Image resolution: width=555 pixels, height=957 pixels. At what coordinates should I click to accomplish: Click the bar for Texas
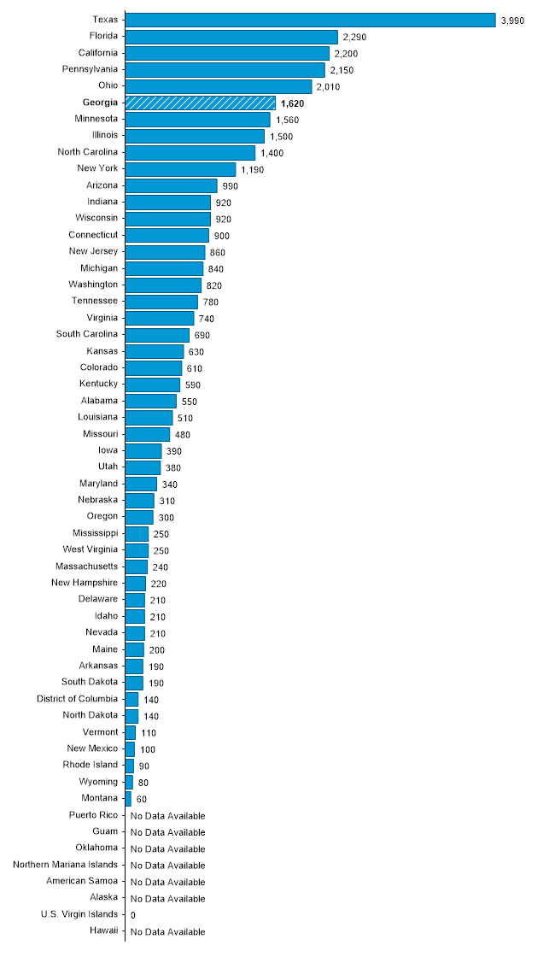click(x=310, y=20)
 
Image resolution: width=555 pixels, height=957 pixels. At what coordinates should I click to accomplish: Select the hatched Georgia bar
click(x=200, y=103)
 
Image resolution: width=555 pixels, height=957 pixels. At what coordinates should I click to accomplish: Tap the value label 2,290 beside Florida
click(x=355, y=38)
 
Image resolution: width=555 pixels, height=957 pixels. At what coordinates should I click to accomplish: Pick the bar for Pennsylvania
click(x=225, y=69)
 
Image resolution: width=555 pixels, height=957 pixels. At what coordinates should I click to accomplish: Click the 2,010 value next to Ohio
click(x=329, y=87)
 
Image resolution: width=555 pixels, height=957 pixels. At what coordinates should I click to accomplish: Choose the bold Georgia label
click(x=100, y=102)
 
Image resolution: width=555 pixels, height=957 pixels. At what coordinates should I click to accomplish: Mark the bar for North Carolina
click(x=190, y=152)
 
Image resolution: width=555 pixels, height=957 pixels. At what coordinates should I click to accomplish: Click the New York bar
click(x=180, y=169)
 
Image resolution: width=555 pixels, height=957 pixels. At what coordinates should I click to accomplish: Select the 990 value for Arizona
click(x=230, y=186)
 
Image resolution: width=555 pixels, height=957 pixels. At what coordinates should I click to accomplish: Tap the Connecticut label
click(x=93, y=234)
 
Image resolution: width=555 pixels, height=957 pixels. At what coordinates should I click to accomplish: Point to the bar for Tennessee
click(x=161, y=302)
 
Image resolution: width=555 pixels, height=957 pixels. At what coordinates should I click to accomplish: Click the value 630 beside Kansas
click(x=196, y=352)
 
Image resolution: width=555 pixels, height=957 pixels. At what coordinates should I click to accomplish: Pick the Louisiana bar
click(x=149, y=418)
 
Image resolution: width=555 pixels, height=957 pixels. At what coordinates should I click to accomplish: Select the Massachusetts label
click(x=87, y=566)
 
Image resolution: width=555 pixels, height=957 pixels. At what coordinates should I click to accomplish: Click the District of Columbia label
click(x=77, y=698)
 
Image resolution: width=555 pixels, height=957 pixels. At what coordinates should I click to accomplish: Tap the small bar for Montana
click(x=128, y=798)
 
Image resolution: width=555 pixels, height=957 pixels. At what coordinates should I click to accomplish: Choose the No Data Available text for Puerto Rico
click(x=167, y=816)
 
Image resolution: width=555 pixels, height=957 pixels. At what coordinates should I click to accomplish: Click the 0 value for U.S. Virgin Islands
click(x=132, y=915)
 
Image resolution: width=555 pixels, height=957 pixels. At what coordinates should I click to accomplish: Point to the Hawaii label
click(x=103, y=931)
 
